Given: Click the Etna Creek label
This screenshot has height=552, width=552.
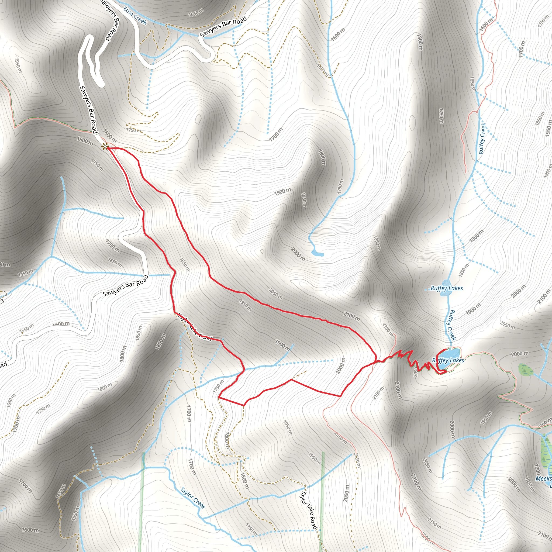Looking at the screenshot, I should (x=135, y=16).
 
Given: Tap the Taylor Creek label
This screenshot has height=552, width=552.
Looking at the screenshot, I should (x=192, y=498).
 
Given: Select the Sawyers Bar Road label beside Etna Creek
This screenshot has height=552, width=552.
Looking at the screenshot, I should (x=223, y=27).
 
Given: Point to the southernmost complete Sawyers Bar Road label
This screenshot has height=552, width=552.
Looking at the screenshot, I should (x=126, y=285).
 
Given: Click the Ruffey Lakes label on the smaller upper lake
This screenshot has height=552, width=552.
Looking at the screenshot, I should (x=447, y=288).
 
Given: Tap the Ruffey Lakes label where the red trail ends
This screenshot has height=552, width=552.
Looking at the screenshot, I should (x=448, y=360).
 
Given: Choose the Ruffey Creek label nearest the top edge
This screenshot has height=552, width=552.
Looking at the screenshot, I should (x=482, y=139).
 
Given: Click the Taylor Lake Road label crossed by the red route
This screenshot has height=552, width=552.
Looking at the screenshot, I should (x=195, y=327).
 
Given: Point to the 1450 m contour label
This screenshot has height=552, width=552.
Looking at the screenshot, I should (x=25, y=273).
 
